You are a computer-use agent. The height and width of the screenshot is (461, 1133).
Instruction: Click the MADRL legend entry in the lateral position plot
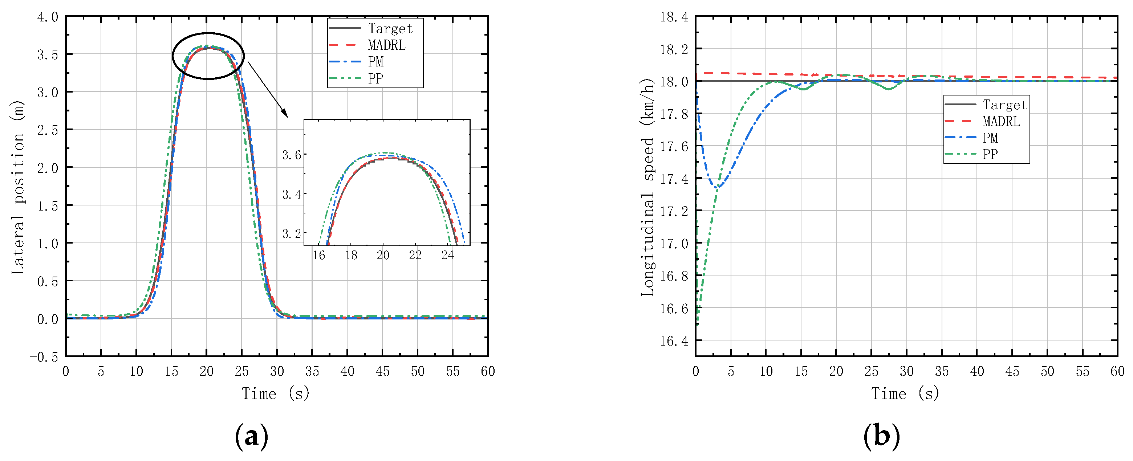[x=386, y=45]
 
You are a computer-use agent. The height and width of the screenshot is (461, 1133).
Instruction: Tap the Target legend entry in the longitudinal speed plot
[x=1004, y=105]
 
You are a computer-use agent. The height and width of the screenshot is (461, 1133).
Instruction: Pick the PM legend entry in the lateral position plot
[x=375, y=61]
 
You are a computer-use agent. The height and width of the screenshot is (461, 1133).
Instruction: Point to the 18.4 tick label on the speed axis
[x=674, y=17]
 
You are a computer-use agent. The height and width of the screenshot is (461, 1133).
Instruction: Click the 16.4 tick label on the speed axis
[x=674, y=340]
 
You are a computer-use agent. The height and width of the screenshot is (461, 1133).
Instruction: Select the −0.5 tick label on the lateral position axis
[x=44, y=357]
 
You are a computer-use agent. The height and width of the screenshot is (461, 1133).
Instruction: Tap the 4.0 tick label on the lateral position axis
[x=48, y=17]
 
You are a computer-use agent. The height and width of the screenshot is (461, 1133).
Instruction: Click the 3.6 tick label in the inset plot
[x=292, y=155]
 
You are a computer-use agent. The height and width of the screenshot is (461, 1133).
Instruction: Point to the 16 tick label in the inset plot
[x=319, y=255]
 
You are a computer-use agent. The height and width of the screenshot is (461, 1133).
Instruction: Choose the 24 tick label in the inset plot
[x=447, y=255]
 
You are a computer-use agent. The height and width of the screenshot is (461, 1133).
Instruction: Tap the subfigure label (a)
[x=252, y=436]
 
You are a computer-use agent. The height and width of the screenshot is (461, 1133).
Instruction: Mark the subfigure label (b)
[x=881, y=436]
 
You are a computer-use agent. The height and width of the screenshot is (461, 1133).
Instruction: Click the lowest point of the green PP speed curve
[x=698, y=324]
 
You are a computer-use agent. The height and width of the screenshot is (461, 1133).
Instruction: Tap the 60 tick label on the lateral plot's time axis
[x=487, y=372]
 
